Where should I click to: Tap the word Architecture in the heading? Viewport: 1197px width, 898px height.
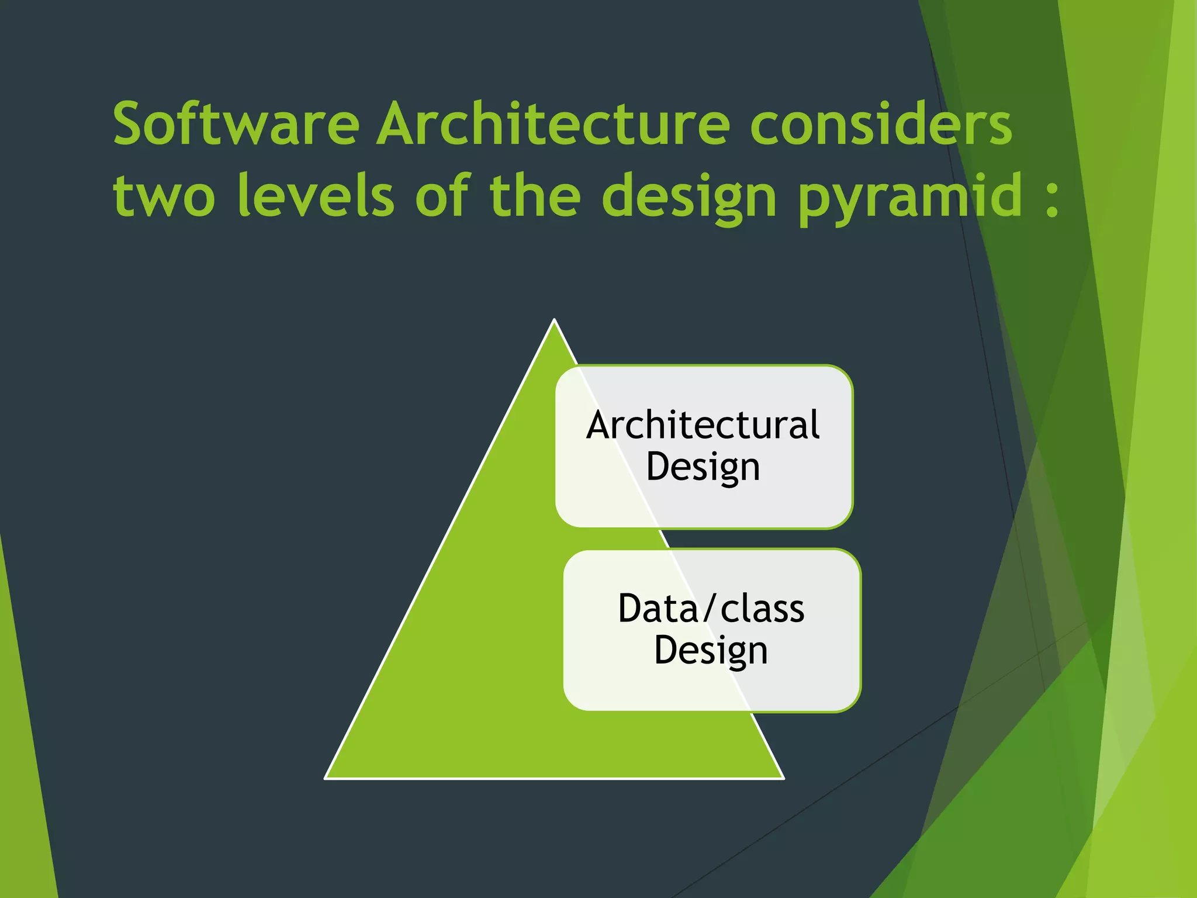click(553, 123)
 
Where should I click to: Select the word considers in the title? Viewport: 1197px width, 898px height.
click(881, 125)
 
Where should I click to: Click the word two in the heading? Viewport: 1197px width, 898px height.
click(164, 196)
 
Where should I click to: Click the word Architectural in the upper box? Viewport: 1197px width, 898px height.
click(703, 425)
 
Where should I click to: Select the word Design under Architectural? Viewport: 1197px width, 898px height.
click(703, 467)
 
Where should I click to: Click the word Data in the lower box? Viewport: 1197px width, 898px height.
click(658, 609)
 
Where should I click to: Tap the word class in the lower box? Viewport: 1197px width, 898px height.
click(762, 609)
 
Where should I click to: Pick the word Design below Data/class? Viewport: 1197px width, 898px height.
click(711, 651)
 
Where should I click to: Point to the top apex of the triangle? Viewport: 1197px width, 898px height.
click(554, 320)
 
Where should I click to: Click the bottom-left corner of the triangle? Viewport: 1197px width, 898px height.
click(326, 778)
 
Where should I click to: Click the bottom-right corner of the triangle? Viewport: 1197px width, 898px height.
click(783, 778)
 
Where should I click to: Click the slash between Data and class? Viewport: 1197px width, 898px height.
click(710, 609)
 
